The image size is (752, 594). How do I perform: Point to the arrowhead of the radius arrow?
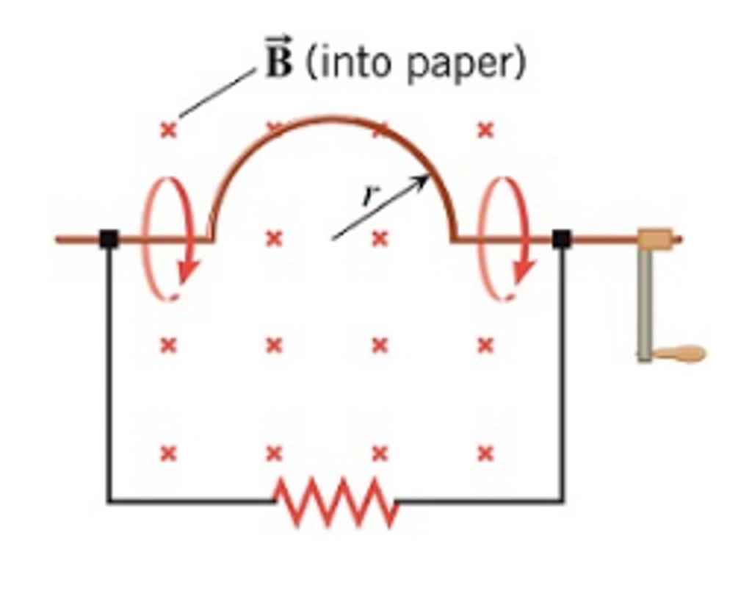[x=424, y=179]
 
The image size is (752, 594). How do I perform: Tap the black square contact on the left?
[x=109, y=238]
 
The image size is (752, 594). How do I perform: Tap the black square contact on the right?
[x=561, y=238]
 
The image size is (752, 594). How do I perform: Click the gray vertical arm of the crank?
[x=644, y=301]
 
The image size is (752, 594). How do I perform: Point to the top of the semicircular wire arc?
[x=332, y=118]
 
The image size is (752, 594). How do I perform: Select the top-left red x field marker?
[x=168, y=131]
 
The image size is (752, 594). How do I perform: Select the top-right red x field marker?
[x=485, y=131]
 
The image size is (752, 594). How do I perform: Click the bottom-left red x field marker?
[x=168, y=453]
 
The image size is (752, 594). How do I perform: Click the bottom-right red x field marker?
[x=485, y=453]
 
